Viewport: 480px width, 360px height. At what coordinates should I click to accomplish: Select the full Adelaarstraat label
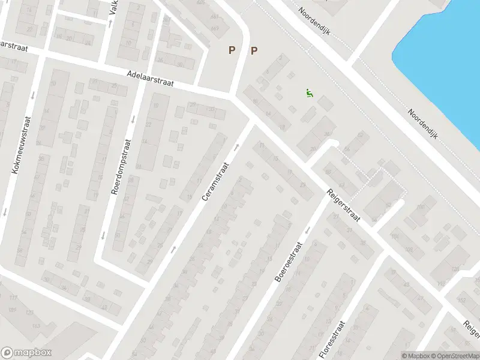coord(150,79)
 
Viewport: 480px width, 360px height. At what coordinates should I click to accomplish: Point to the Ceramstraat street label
coord(216,182)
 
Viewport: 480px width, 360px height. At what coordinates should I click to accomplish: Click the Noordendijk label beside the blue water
coord(424,123)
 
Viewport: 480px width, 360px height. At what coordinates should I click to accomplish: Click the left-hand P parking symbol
coord(232,51)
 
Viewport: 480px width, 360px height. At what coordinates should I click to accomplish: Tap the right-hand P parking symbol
coord(254,51)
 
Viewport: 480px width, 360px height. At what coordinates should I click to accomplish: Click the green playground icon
coord(308,94)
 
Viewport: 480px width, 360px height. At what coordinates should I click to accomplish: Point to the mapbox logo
coord(26,353)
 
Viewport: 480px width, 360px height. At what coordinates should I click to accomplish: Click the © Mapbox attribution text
coord(415,356)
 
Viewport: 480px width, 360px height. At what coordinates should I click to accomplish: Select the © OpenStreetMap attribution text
coord(454,356)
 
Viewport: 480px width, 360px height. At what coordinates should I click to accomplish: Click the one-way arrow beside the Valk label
coord(110,23)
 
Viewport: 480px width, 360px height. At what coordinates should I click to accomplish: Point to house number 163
coord(35,326)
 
